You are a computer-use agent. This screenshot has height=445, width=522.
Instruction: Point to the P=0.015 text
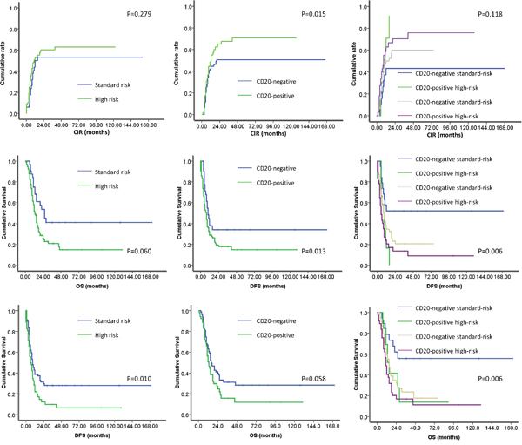(304, 17)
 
